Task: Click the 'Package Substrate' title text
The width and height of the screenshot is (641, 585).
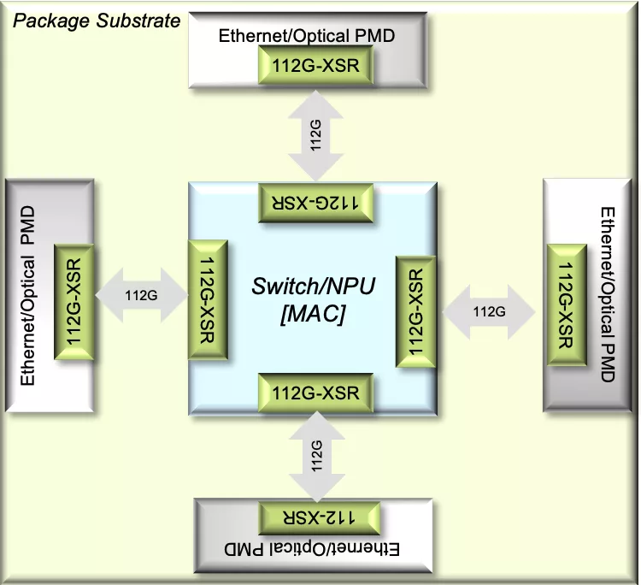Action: coord(97,21)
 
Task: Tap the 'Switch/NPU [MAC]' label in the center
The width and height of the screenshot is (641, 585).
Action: coord(313,300)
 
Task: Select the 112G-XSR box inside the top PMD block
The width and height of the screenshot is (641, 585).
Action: coord(315,65)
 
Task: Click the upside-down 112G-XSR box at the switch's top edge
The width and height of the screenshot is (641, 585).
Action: coord(315,203)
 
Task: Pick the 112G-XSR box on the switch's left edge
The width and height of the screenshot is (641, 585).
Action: coord(208,300)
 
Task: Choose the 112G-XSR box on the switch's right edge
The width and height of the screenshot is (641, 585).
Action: coord(415,311)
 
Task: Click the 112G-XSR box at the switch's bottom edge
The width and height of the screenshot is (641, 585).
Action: coord(315,393)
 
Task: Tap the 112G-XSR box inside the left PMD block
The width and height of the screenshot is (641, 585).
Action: coord(74,302)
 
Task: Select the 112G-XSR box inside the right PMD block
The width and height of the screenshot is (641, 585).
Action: coord(567,304)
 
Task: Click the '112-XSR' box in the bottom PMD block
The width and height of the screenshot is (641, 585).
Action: coord(320,518)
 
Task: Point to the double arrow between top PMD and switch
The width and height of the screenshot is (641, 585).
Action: coord(315,135)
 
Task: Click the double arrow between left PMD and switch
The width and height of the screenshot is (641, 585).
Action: coord(141,295)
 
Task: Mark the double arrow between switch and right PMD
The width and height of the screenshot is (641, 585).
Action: coord(489,312)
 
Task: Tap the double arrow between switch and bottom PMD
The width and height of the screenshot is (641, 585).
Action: coord(317,456)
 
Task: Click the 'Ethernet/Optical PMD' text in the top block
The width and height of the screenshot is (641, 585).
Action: coord(307,36)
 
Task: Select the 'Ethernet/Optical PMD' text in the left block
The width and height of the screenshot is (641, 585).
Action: coord(28,295)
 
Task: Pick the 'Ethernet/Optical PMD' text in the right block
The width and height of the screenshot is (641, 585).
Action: coord(608,294)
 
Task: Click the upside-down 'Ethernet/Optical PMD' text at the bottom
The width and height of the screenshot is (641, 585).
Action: coord(311,549)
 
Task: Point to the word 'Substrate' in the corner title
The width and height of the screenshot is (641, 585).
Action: coord(138,21)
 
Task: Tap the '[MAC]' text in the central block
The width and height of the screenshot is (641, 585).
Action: coord(313,314)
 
